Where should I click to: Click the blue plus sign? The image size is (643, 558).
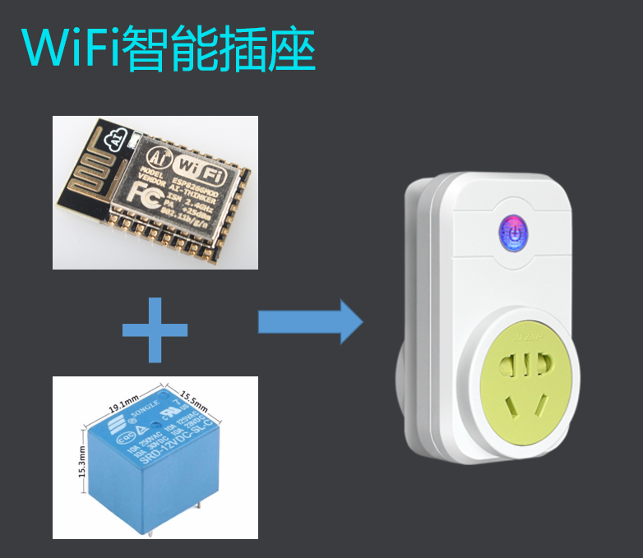pyautogui.click(x=155, y=330)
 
